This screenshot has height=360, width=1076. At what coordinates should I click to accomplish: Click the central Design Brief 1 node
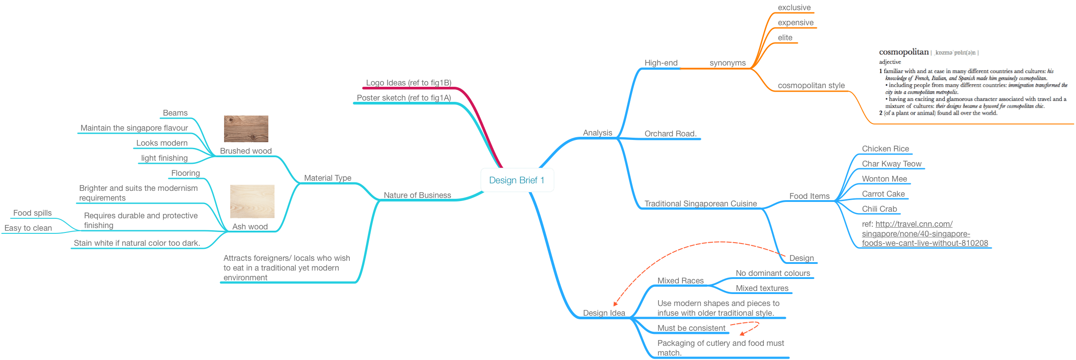tap(517, 180)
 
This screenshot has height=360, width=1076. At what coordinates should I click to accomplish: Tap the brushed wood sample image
tap(246, 128)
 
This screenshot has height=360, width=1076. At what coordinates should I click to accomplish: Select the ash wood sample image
tap(252, 201)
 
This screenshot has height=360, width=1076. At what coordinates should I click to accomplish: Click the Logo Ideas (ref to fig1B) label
tap(408, 83)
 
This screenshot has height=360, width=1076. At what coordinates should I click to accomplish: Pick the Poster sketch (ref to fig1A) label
tap(403, 98)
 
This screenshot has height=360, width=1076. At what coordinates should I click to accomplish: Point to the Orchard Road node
tap(670, 134)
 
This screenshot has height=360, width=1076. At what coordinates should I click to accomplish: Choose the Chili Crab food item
tap(879, 209)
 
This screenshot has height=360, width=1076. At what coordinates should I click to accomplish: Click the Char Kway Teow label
tap(891, 164)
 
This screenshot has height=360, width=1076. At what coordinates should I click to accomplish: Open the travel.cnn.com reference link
tap(924, 233)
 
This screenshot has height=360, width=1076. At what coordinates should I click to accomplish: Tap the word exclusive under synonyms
tap(794, 8)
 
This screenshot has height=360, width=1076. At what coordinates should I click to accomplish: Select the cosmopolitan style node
tap(811, 85)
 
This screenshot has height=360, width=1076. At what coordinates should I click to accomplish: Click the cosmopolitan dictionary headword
tap(903, 52)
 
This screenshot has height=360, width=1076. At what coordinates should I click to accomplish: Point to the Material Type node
tap(327, 178)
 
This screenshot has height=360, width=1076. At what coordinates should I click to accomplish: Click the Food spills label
tap(32, 213)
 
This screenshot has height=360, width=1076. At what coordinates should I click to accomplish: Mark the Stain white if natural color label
tap(136, 243)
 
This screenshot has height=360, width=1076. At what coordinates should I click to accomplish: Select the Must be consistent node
tap(691, 328)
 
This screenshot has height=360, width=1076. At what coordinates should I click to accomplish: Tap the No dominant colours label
tap(773, 273)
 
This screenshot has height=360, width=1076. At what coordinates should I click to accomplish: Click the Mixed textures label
tap(762, 288)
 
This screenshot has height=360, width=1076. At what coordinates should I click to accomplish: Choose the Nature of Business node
tap(417, 195)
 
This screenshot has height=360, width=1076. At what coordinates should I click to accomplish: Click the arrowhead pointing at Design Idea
tap(615, 304)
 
